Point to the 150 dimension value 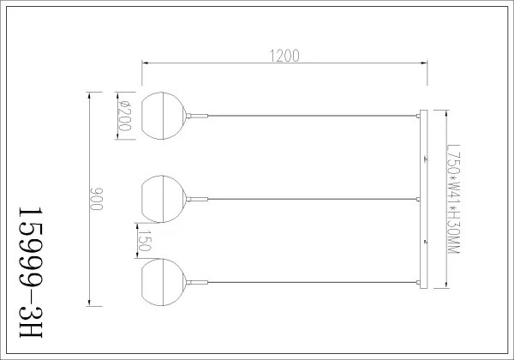click(x=145, y=241)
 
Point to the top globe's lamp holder click(x=196, y=114)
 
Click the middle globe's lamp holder click(x=196, y=198)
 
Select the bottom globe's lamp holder click(x=196, y=281)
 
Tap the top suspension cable click(x=308, y=114)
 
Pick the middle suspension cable click(x=308, y=198)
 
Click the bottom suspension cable click(x=308, y=281)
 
